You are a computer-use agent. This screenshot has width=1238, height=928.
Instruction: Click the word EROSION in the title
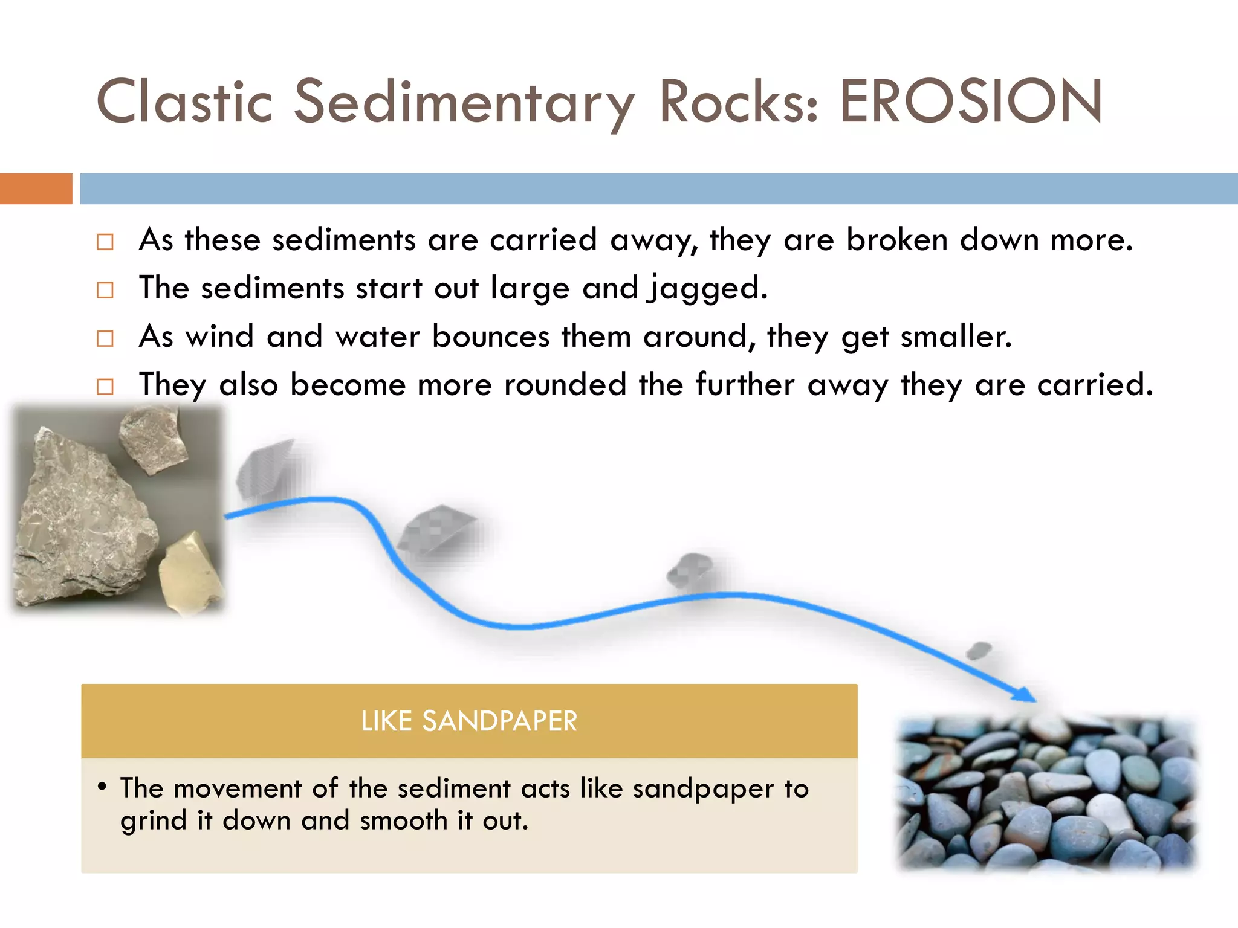[970, 101]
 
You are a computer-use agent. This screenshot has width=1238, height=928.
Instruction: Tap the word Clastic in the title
[184, 101]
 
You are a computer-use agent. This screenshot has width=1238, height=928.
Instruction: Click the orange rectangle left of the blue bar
[36, 188]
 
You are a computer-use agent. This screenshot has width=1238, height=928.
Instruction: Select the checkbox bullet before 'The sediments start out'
[105, 290]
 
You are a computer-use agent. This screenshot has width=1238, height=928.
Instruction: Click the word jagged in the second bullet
[707, 288]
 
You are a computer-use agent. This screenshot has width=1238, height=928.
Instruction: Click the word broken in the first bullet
[896, 239]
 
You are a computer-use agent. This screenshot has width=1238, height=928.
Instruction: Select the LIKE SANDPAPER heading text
[469, 721]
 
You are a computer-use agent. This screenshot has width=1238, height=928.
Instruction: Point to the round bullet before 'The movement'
[102, 787]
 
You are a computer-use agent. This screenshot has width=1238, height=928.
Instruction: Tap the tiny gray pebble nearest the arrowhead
[979, 651]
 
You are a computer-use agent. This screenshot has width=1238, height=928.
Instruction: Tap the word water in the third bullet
[377, 337]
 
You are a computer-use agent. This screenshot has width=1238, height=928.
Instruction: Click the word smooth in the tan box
[403, 821]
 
